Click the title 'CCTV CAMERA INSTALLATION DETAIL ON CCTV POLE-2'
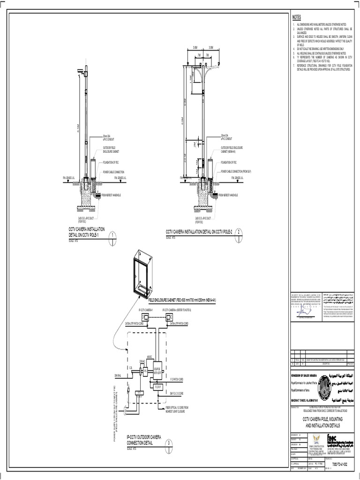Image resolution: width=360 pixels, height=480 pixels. coord(199,232)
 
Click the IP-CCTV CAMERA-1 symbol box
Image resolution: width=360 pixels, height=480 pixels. coord(147,317)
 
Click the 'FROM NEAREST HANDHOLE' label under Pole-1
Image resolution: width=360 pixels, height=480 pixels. coord(111,195)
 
